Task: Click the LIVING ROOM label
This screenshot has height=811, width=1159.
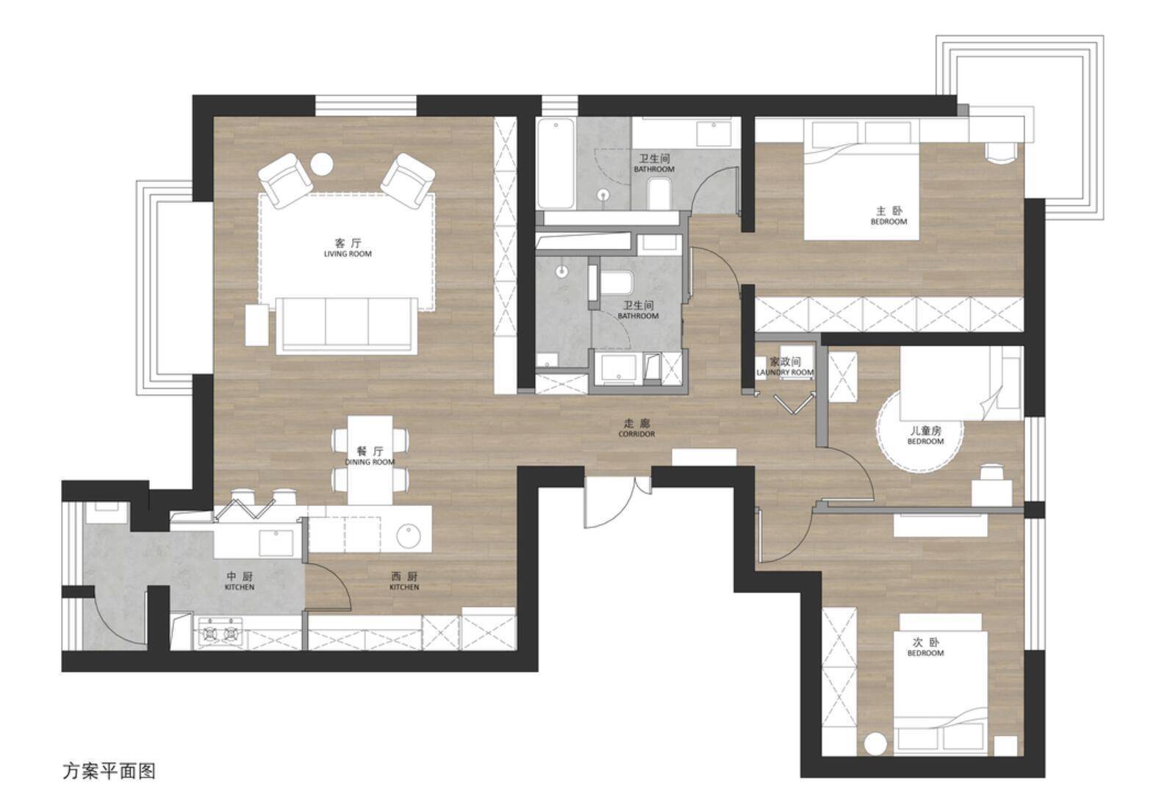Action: point(348,254)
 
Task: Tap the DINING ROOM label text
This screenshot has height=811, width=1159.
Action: point(370,462)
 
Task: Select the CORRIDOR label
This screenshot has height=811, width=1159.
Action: point(636,434)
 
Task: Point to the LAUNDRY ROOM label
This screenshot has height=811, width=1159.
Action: point(785,372)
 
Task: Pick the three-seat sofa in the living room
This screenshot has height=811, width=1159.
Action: point(346,326)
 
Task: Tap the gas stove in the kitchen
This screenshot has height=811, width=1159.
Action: point(220,632)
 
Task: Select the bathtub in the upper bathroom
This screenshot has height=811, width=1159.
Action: point(555,164)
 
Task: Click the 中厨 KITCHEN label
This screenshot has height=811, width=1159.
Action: point(240,581)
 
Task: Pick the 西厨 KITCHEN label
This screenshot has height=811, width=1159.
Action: point(404,581)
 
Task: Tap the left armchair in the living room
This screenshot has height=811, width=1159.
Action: point(284,181)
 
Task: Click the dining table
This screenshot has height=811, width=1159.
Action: point(370,460)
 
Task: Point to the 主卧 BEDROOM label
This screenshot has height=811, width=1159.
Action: point(889,216)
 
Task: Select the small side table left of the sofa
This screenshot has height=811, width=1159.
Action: point(256,325)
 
